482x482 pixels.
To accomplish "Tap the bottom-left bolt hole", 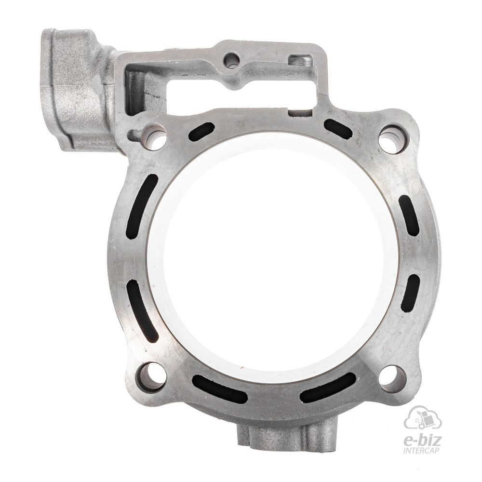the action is click(151, 377).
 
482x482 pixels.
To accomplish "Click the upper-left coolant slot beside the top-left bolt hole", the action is click(201, 132).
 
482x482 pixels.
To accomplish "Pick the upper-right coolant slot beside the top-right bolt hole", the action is click(338, 129).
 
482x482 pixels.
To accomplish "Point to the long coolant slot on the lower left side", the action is click(142, 310).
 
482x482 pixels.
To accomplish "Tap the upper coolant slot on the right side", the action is click(409, 215).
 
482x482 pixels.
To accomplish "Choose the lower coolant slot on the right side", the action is click(410, 293).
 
